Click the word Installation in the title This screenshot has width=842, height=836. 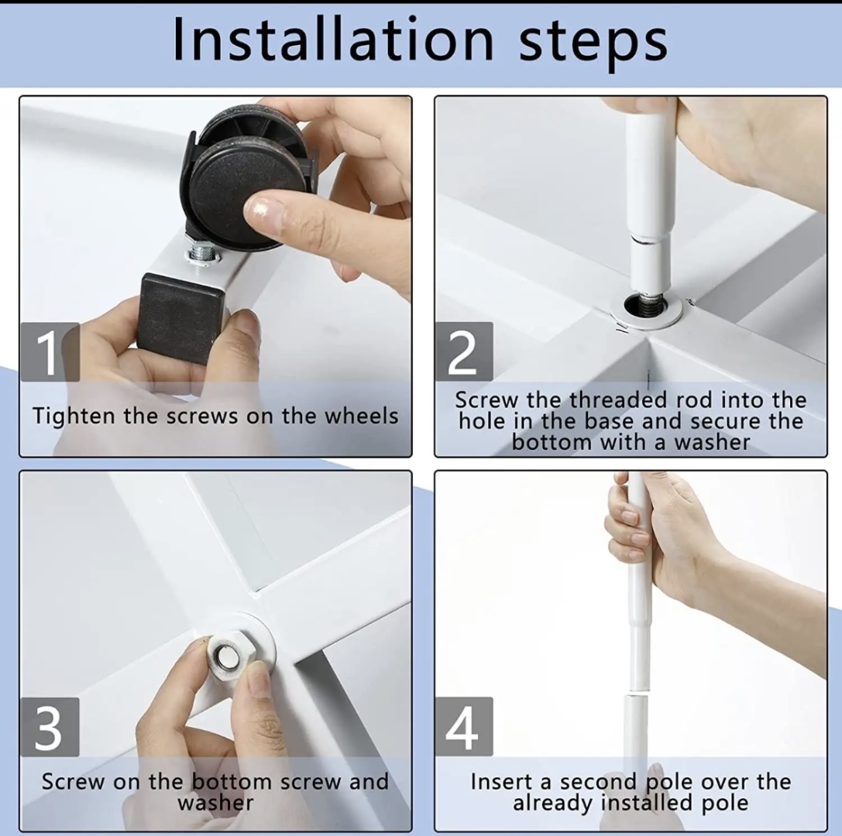pos(333,39)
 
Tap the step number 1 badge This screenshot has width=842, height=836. pos(50,352)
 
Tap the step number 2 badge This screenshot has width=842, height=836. pos(463,351)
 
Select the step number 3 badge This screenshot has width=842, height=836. pos(50,727)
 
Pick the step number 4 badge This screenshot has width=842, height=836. pos(463,727)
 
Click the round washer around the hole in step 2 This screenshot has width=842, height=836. pos(646,309)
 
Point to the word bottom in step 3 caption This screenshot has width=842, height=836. pos(232,782)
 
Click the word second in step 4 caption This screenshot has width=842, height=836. pos(598,782)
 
